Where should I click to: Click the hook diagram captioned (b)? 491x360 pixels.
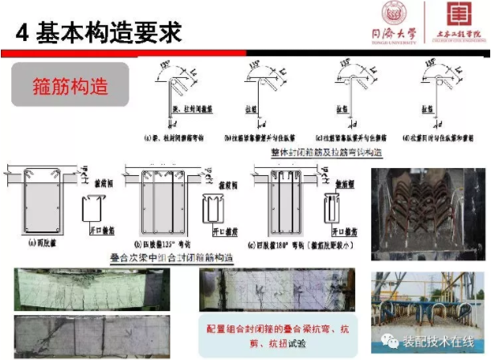coord(260,100)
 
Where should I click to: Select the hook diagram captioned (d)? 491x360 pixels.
coord(434,100)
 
